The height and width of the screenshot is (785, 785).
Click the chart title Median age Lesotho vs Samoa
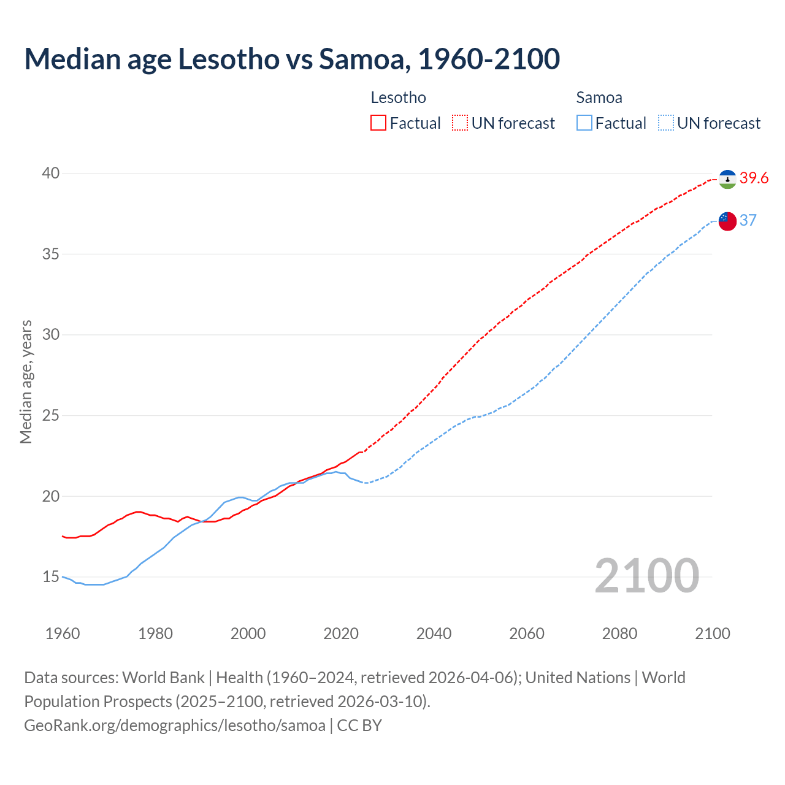292,59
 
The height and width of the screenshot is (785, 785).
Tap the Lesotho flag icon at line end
727,179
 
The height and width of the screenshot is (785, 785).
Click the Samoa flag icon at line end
727,221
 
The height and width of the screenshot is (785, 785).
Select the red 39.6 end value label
754,178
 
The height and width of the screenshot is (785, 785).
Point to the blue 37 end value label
748,220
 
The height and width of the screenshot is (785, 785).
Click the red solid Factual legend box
378,123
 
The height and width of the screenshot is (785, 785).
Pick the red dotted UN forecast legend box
460,123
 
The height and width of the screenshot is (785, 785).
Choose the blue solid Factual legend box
584,123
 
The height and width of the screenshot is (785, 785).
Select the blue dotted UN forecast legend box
665,123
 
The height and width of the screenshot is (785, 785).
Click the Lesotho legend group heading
398,98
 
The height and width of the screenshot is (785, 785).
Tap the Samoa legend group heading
599,98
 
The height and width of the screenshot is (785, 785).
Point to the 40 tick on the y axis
51,174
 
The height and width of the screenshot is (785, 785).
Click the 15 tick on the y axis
51,577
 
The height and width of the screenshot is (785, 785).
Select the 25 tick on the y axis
51,416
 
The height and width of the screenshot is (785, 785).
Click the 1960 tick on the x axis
63,634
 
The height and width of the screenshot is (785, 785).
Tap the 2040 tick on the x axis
434,634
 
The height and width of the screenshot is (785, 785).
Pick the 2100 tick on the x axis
712,634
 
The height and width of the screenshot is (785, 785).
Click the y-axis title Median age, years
26,381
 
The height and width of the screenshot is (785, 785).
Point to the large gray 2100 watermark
646,576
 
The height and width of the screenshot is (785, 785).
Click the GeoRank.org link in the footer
175,725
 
